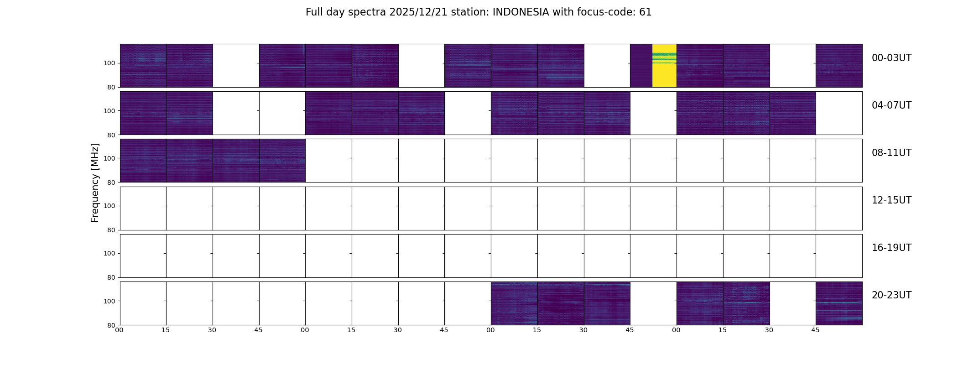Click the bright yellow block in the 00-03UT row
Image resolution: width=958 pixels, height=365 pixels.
click(664, 66)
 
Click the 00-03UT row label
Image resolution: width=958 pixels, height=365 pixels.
click(891, 58)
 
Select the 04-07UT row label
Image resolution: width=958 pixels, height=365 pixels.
click(891, 105)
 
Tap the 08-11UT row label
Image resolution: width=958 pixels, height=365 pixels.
click(891, 153)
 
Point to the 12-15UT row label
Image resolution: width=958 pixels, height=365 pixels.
click(891, 200)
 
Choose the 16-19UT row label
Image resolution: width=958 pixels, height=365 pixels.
click(891, 248)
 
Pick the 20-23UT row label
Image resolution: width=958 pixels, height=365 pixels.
click(891, 295)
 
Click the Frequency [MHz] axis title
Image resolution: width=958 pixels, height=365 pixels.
click(95, 182)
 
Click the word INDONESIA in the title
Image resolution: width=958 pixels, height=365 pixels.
click(521, 12)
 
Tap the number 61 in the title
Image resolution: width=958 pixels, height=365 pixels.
click(645, 12)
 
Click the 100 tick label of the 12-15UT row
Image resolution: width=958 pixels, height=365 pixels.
click(109, 206)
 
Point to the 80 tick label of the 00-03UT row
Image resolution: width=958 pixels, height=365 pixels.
click(111, 87)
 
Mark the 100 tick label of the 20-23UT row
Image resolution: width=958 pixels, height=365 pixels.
click(109, 301)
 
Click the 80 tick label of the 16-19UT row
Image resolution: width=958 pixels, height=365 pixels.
click(111, 277)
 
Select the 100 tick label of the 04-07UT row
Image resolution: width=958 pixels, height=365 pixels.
click(109, 111)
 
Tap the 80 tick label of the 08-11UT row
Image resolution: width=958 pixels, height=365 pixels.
click(111, 182)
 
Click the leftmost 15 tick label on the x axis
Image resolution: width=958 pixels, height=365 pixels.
click(166, 330)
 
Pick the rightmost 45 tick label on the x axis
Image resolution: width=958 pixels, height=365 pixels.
click(815, 330)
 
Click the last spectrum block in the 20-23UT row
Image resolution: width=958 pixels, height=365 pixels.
click(839, 303)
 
